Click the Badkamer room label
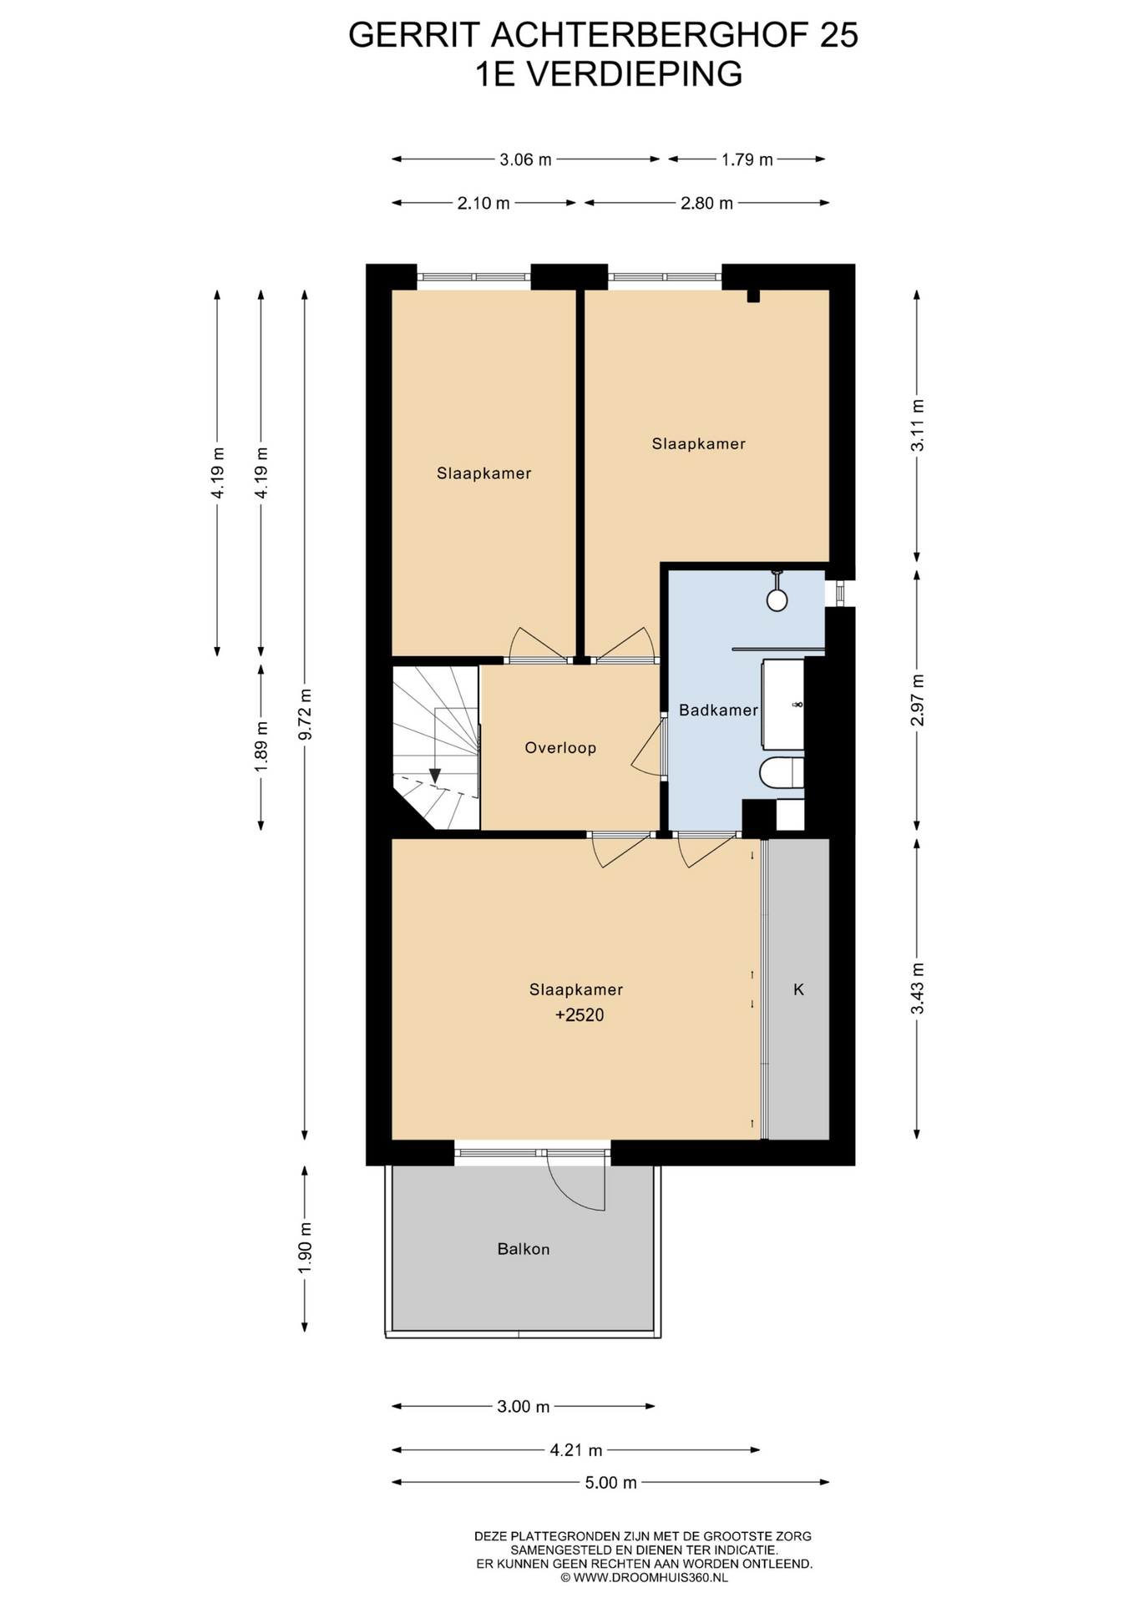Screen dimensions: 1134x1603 [718, 710]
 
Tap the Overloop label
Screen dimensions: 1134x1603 [560, 748]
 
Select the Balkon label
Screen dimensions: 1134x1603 [524, 1250]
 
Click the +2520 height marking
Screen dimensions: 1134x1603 [580, 1015]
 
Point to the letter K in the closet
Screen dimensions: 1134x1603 [798, 989]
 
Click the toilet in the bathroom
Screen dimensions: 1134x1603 [782, 773]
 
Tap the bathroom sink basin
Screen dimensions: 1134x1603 [783, 704]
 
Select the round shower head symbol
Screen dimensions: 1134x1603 [777, 599]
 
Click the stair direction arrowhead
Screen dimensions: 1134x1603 [434, 776]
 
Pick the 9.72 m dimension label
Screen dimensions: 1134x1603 [305, 714]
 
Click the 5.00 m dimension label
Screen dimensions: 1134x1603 [611, 1483]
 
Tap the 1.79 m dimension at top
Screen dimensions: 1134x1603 [747, 159]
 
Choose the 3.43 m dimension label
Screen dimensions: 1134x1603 [917, 989]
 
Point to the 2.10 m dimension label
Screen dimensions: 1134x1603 [483, 203]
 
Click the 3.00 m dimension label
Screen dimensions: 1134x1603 [524, 1407]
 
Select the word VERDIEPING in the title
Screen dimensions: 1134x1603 [635, 74]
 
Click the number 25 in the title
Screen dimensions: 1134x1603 [838, 35]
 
